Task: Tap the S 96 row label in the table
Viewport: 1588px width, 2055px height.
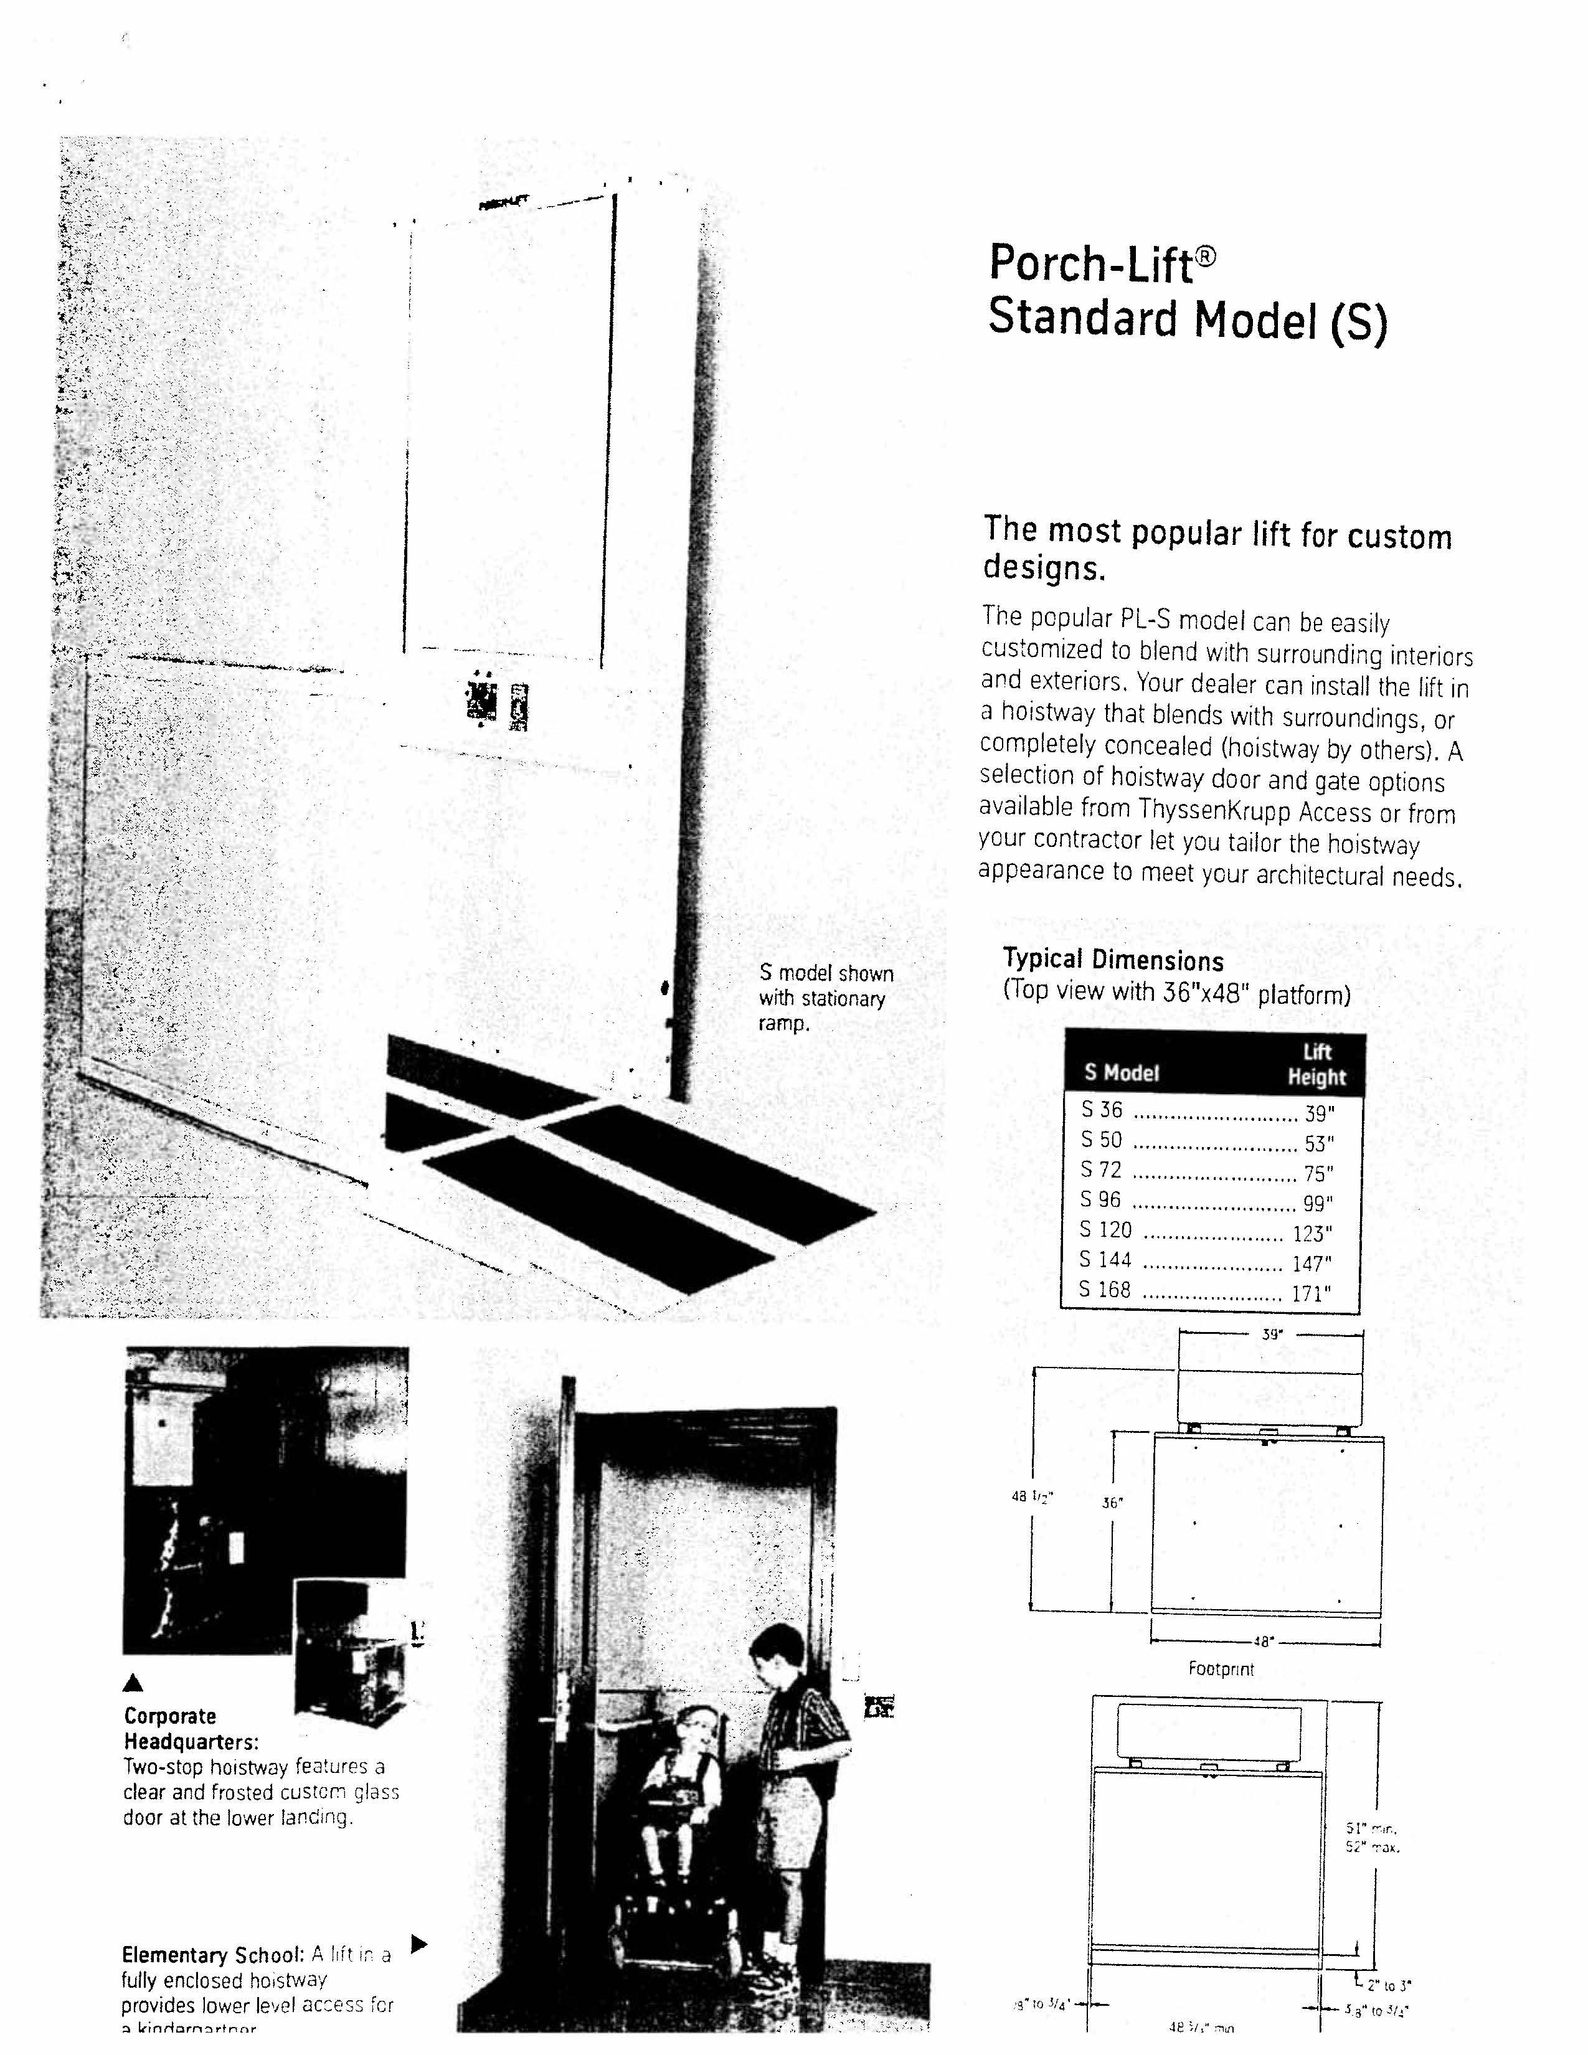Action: coord(1100,1200)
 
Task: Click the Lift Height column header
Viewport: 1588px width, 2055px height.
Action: coord(1316,1065)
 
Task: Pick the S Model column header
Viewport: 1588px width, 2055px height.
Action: coord(1122,1073)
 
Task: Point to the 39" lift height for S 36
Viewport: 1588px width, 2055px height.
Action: coord(1319,1114)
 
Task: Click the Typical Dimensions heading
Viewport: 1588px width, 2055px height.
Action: coord(1113,960)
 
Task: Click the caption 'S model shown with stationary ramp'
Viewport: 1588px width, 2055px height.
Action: coord(825,998)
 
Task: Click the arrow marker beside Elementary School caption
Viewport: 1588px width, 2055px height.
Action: coord(420,1943)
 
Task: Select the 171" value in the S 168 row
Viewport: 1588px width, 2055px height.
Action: coord(1310,1294)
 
